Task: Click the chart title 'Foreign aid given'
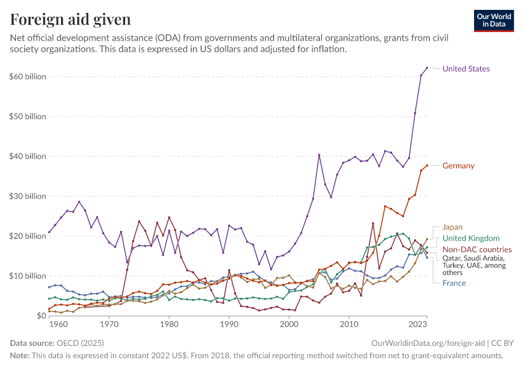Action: click(70, 20)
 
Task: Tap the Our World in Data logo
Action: click(494, 20)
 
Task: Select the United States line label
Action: click(466, 68)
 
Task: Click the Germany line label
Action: click(458, 166)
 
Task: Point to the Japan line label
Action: click(452, 227)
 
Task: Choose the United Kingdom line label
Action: click(471, 238)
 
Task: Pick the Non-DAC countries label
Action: click(477, 249)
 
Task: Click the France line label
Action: click(454, 283)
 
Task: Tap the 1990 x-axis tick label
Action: click(229, 324)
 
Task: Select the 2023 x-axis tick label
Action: click(418, 324)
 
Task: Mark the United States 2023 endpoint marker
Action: click(427, 68)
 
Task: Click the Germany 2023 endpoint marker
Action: click(427, 165)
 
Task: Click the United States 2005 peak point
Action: click(319, 155)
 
